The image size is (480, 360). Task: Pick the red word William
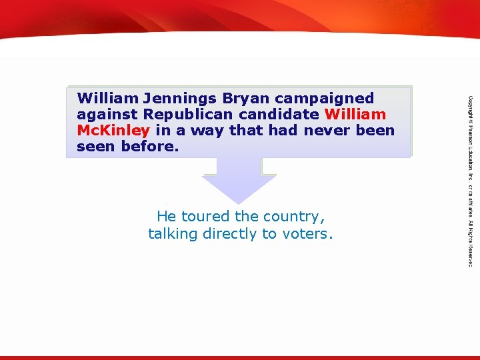(355, 115)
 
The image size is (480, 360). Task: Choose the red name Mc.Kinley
(113, 131)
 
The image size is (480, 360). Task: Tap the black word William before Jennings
(107, 99)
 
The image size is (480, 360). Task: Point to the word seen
(96, 147)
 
